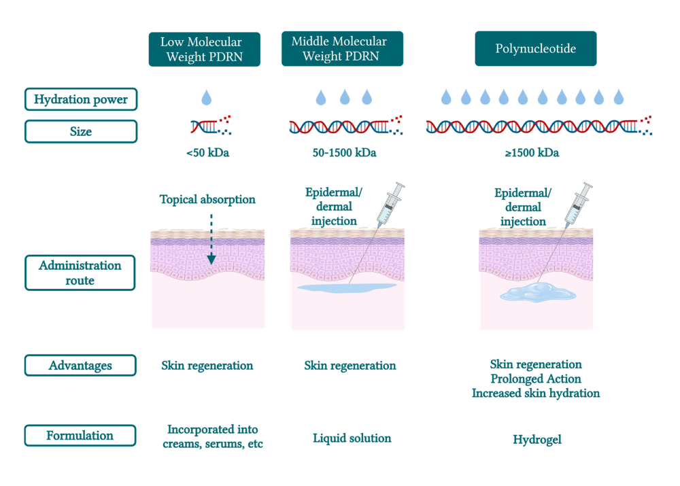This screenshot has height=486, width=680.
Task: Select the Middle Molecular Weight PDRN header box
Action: pyautogui.click(x=342, y=49)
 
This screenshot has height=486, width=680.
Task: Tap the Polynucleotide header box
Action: pyautogui.click(x=535, y=49)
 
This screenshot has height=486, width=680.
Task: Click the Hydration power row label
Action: pyautogui.click(x=80, y=99)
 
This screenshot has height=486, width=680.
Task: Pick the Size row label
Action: pyautogui.click(x=80, y=131)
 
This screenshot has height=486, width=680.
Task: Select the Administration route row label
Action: pyautogui.click(x=80, y=273)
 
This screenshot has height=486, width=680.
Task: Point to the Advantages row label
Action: pyautogui.click(x=80, y=366)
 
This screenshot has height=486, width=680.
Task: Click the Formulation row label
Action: pyautogui.click(x=80, y=436)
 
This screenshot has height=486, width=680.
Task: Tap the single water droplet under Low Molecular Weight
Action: pyautogui.click(x=206, y=99)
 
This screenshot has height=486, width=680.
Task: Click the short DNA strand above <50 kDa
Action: pyautogui.click(x=207, y=126)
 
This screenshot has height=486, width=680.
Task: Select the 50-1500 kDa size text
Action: pyautogui.click(x=344, y=153)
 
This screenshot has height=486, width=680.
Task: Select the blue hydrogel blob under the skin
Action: pyautogui.click(x=537, y=293)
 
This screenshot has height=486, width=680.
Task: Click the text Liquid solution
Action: pyautogui.click(x=352, y=438)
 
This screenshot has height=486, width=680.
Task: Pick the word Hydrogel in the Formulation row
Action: pyautogui.click(x=537, y=440)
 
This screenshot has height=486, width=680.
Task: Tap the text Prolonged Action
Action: pyautogui.click(x=536, y=379)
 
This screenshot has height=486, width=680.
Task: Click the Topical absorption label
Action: pyautogui.click(x=207, y=200)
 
